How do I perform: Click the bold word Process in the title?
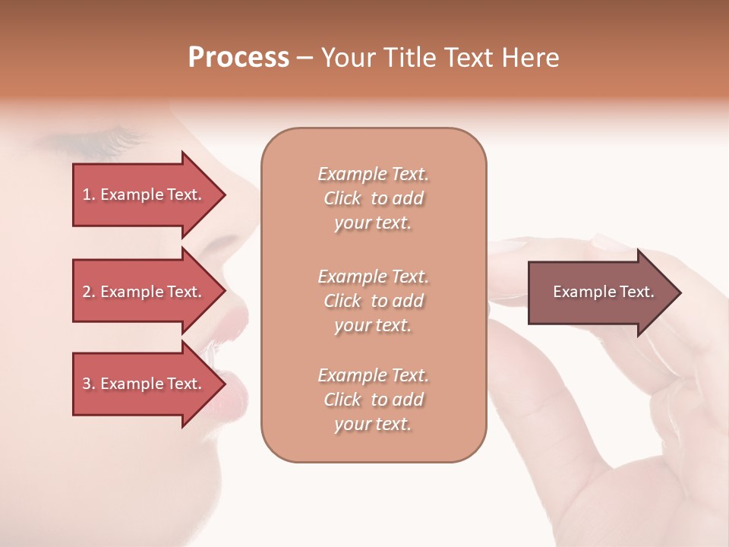(x=238, y=58)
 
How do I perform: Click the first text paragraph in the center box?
(x=373, y=198)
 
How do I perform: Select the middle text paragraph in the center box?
(x=373, y=300)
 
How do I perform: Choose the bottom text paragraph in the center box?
(x=373, y=400)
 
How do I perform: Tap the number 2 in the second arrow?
(x=87, y=292)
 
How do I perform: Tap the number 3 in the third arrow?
(x=87, y=384)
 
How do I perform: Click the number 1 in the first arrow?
(x=86, y=194)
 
